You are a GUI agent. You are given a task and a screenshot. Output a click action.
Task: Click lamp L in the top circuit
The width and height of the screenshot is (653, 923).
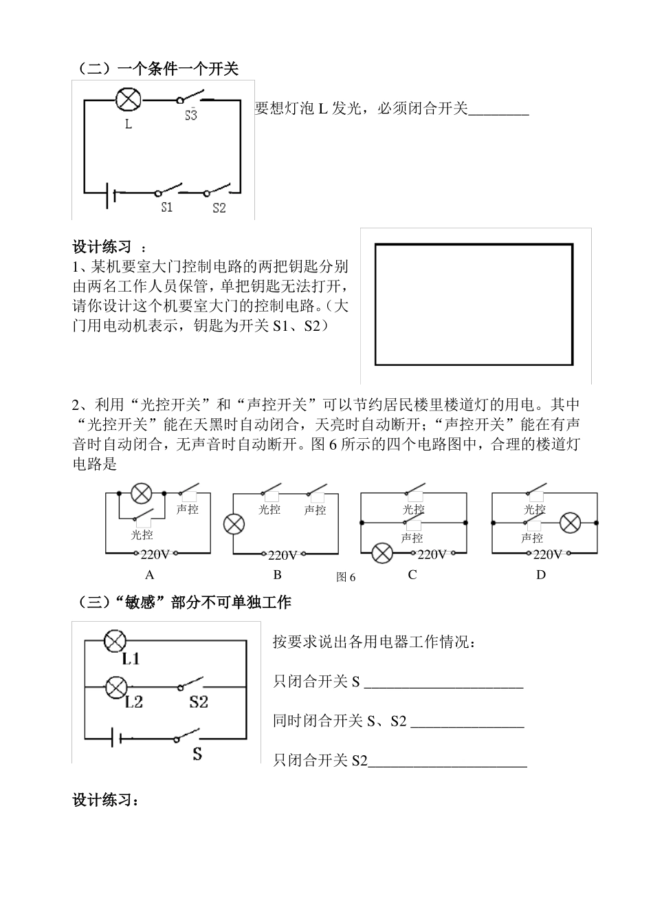128,99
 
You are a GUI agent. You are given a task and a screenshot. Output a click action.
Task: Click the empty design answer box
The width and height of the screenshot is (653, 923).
474,304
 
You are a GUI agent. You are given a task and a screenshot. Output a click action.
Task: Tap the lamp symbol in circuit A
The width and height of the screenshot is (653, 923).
142,493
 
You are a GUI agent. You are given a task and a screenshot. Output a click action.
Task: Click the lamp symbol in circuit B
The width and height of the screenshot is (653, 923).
234,524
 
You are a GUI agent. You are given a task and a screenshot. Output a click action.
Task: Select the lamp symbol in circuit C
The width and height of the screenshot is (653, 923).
382,552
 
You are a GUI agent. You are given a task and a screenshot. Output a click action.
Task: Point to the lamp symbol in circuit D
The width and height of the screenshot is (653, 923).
570,523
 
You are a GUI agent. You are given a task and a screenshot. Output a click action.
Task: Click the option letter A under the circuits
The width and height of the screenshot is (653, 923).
149,574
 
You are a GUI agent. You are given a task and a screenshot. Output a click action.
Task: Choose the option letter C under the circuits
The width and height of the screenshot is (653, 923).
412,574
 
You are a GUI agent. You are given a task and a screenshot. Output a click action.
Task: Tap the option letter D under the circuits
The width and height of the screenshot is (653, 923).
541,574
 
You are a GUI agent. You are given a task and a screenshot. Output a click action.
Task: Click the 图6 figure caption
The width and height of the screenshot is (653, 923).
346,577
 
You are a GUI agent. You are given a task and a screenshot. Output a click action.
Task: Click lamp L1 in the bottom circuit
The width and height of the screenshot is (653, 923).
114,640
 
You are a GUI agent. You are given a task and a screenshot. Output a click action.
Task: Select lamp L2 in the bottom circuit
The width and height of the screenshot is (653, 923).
117,686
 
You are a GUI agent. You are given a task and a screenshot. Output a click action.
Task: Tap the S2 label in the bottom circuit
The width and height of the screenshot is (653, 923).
199,702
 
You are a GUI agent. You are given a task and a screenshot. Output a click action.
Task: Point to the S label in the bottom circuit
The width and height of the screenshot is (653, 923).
197,754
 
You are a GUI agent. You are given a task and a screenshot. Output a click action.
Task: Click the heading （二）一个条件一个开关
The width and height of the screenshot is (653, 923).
157,69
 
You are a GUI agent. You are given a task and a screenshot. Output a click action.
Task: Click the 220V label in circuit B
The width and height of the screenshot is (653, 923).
283,555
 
